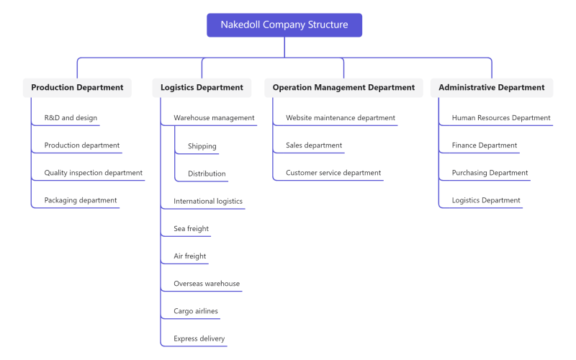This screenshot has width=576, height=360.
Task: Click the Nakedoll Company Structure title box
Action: [x=284, y=25]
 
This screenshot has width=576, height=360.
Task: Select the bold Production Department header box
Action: [x=77, y=87]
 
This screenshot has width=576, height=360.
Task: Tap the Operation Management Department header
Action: [x=343, y=87]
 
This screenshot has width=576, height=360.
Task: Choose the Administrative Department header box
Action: [x=492, y=87]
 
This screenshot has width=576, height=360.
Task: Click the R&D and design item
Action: [x=71, y=118]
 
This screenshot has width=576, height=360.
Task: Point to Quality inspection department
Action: [x=94, y=173]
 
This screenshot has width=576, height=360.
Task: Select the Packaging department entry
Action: [x=81, y=200]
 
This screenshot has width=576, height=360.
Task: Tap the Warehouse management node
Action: [x=214, y=118]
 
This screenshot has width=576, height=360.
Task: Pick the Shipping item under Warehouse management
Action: [x=202, y=146]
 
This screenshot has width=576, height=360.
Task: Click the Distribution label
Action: [x=207, y=174]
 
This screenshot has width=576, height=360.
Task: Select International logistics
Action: [x=208, y=201]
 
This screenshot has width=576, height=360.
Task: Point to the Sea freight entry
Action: [x=191, y=228]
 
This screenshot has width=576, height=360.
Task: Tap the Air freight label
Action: [x=189, y=256]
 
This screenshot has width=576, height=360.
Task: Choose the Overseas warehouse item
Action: [x=207, y=284]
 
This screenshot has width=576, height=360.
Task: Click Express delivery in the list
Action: [x=199, y=338]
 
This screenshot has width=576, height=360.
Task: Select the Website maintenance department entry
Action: [x=341, y=118]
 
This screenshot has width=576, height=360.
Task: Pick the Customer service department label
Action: [x=333, y=173]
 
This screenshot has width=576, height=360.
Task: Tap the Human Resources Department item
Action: [x=501, y=118]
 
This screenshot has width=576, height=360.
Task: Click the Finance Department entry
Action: [x=484, y=145]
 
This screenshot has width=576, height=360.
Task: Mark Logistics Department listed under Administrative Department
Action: [x=486, y=200]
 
